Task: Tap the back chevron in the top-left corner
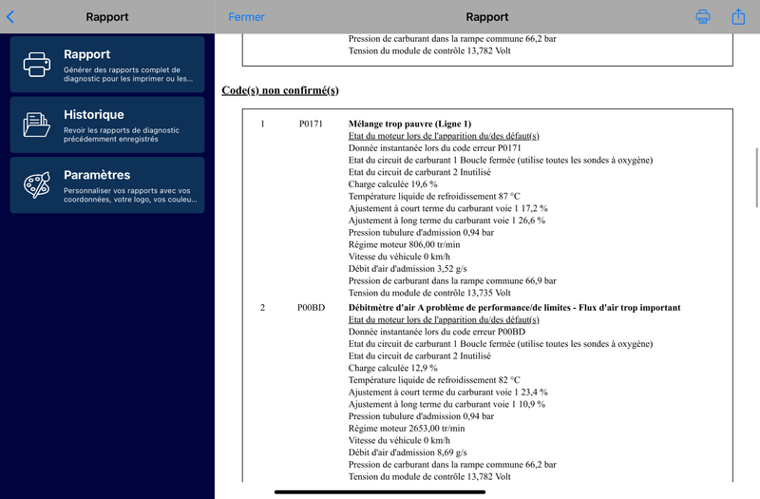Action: [x=10, y=16]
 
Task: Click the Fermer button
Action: [x=246, y=16]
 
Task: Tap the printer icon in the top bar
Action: [x=703, y=16]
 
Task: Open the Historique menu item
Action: [x=106, y=125]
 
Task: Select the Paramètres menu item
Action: [x=106, y=184]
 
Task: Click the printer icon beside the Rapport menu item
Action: [x=37, y=64]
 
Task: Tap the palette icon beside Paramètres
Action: [x=37, y=184]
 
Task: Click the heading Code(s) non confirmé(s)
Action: [x=279, y=90]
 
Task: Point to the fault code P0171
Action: [x=311, y=125]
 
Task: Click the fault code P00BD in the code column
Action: [x=311, y=308]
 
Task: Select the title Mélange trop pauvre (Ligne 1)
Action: [x=409, y=125]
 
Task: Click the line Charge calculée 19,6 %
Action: [x=393, y=184]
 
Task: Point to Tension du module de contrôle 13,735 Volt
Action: [x=429, y=293]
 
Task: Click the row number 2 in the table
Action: [x=262, y=308]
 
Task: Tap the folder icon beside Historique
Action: [x=37, y=125]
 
